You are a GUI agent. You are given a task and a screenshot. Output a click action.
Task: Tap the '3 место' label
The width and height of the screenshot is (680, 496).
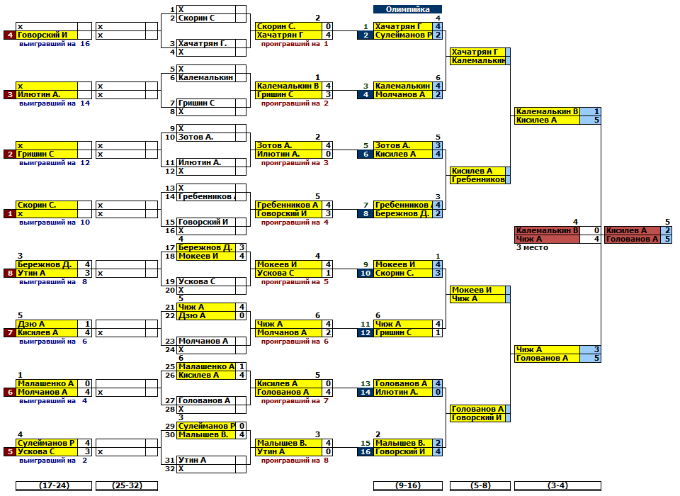(532, 247)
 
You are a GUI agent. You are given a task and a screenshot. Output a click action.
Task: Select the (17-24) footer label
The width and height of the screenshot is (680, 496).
(54, 485)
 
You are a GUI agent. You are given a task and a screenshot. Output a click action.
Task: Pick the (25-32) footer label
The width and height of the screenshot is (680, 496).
(126, 485)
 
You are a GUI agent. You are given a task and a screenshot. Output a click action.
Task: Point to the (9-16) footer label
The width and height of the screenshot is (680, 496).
(407, 485)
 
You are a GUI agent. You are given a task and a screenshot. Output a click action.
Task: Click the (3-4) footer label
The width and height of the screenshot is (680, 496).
(557, 485)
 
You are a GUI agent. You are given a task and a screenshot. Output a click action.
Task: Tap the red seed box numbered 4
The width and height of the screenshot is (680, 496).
(9, 35)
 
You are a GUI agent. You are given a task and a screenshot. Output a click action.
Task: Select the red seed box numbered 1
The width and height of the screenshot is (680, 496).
(9, 213)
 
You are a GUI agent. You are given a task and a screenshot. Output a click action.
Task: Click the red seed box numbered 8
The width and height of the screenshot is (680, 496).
(9, 273)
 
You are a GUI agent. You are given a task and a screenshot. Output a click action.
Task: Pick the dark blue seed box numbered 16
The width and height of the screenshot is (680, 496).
(365, 451)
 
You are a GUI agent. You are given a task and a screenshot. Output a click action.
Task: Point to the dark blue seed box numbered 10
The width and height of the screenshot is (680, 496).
(365, 273)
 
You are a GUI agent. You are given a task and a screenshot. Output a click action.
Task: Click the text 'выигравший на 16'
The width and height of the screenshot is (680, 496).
(55, 44)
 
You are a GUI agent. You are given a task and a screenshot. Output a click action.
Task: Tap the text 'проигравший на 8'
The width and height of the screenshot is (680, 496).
(295, 461)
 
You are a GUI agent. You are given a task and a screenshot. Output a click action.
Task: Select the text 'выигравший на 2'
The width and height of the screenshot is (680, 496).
(53, 461)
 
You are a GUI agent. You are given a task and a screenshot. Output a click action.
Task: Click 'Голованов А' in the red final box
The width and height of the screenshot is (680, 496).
(633, 239)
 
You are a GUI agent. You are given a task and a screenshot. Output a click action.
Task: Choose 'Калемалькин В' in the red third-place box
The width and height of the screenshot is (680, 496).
(548, 230)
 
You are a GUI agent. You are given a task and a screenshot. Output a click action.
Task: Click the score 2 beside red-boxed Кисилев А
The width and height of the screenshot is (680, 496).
(667, 230)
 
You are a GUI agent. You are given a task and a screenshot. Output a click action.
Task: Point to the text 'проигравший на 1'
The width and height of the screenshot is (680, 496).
(295, 44)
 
